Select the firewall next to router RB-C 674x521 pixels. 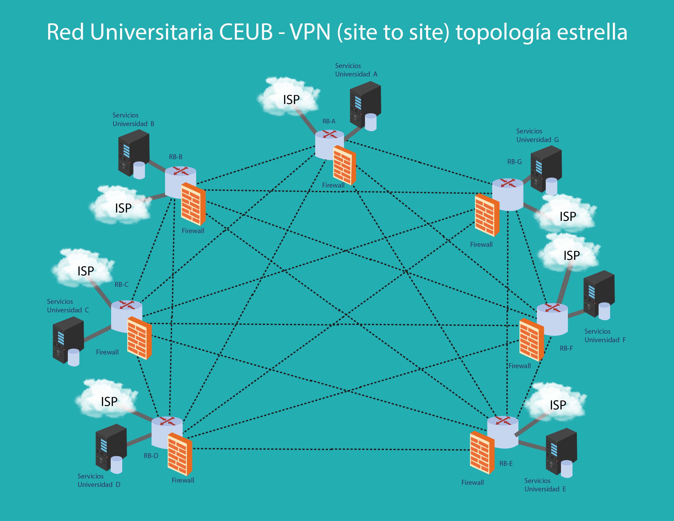(x=139, y=338)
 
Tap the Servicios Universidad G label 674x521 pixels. (x=537, y=135)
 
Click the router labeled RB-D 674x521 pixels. (x=167, y=432)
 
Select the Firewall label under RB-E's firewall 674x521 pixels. (x=472, y=482)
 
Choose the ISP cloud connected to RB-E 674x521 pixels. (x=556, y=403)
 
